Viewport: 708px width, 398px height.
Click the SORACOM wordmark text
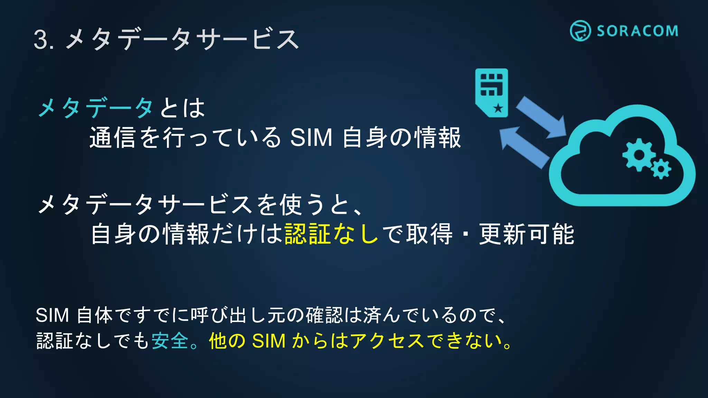[x=637, y=31]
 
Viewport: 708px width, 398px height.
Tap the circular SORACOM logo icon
[x=580, y=31]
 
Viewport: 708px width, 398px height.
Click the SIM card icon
[x=492, y=93]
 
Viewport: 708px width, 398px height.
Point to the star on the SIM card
[x=498, y=108]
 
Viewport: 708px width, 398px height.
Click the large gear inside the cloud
[x=639, y=154]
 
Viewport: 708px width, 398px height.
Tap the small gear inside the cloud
[x=661, y=169]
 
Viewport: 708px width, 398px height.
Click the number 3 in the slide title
[x=41, y=40]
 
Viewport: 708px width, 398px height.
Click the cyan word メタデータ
[x=95, y=108]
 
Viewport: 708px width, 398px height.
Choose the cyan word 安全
[x=170, y=341]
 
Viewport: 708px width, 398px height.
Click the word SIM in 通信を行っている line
[x=311, y=138]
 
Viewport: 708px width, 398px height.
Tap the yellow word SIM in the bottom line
[x=269, y=341]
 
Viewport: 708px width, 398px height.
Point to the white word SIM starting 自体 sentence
[x=52, y=315]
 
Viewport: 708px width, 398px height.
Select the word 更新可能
[x=527, y=234]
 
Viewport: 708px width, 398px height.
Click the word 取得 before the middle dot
[x=429, y=234]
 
